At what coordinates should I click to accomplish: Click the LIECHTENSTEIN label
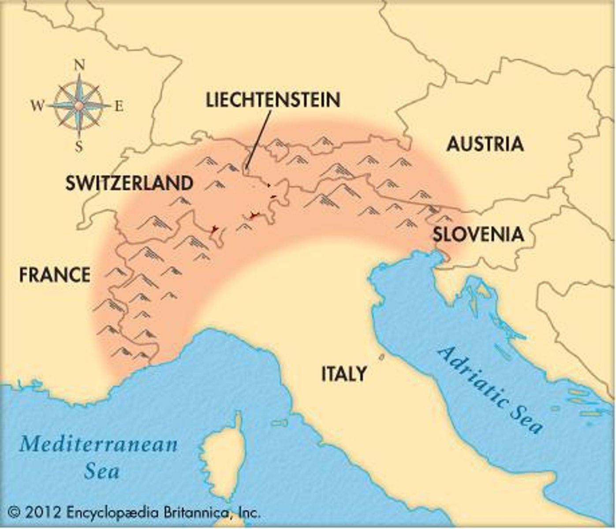click(273, 100)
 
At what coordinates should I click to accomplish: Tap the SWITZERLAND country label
click(129, 183)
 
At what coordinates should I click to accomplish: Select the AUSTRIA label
click(485, 144)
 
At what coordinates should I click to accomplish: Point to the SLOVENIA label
click(478, 234)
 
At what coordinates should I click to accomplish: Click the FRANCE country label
click(55, 275)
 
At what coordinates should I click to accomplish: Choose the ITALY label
click(344, 374)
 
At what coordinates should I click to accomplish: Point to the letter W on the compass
click(38, 106)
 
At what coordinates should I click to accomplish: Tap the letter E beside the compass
click(119, 106)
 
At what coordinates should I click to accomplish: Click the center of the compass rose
click(78, 106)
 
